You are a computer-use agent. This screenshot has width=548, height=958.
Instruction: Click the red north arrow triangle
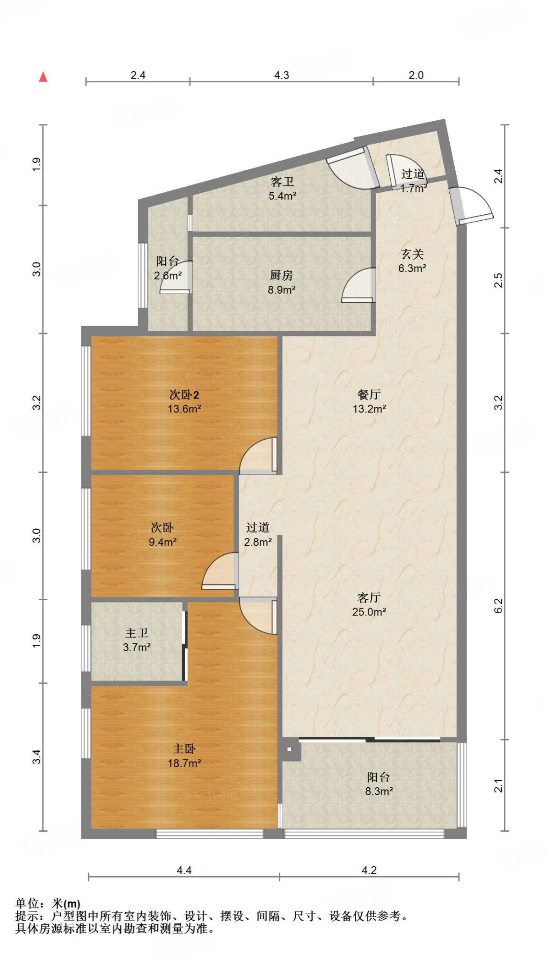click(43, 77)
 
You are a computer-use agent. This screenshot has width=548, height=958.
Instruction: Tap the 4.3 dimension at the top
click(281, 75)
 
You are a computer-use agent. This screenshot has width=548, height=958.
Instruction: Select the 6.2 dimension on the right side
click(498, 606)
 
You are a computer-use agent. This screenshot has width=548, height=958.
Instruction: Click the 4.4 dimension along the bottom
click(184, 871)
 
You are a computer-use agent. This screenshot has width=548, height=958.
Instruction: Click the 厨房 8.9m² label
click(281, 283)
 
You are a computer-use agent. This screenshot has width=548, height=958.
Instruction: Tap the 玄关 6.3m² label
click(412, 261)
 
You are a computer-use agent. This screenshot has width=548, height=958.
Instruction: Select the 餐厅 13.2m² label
click(369, 401)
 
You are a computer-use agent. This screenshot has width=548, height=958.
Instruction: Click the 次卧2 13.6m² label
click(184, 401)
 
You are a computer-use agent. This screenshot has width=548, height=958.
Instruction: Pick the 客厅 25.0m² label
click(369, 604)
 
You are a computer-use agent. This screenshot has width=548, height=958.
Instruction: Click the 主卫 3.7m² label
click(137, 640)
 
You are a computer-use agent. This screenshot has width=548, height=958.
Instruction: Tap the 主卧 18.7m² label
click(184, 755)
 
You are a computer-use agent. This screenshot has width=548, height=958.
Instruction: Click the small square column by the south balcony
click(289, 749)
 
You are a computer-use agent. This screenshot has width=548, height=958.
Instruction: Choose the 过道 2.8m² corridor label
click(258, 535)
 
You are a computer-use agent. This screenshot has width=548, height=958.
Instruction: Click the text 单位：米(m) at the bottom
click(48, 904)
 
